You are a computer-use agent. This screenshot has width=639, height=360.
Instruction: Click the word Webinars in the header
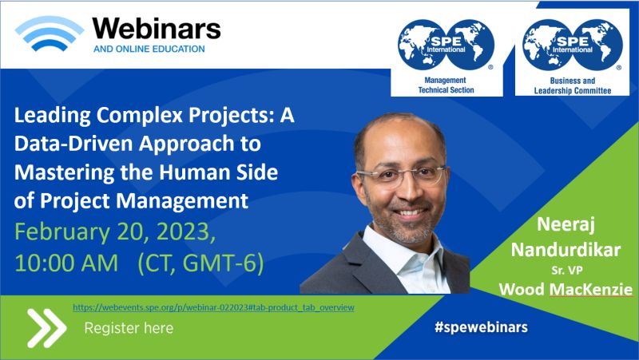(x=157, y=30)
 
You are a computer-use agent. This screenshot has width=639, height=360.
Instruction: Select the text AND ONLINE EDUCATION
(x=149, y=49)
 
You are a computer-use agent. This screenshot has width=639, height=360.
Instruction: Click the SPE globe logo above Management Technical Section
(x=446, y=45)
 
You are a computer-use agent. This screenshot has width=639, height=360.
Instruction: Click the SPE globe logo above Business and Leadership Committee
(x=572, y=45)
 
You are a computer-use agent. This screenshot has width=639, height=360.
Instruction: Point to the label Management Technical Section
(x=446, y=85)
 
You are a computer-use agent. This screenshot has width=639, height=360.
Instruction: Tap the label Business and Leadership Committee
(x=573, y=85)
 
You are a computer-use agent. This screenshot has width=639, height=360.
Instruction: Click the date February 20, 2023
(x=115, y=231)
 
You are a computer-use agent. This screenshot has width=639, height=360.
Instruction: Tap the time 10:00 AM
(x=66, y=263)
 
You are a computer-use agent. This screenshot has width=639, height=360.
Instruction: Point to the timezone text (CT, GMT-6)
(x=200, y=263)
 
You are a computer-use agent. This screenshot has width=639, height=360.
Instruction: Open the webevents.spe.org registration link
(x=213, y=307)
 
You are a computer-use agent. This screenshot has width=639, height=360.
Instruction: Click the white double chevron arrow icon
(x=46, y=328)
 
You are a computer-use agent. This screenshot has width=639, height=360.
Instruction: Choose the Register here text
(x=129, y=328)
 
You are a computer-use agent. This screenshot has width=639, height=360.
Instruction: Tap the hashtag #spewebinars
(x=482, y=327)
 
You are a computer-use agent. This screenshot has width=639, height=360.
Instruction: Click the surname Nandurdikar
(x=566, y=250)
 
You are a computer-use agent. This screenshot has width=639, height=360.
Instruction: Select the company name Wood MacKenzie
(x=566, y=289)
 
